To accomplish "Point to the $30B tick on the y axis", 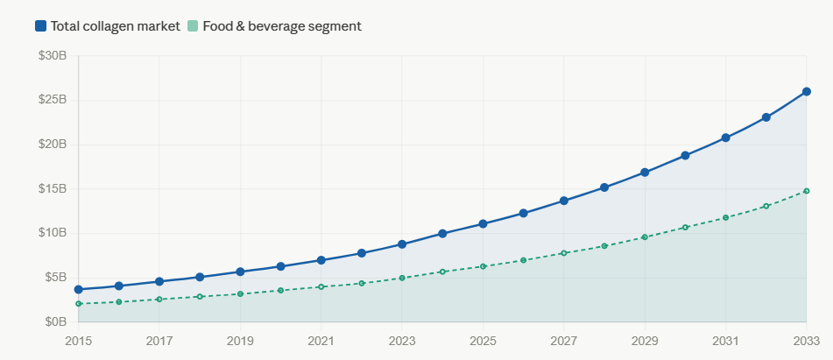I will pos(53,56).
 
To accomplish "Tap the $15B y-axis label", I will pos(53,189).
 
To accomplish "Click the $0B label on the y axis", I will pos(56,322).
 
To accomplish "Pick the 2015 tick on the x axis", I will pos(79,340).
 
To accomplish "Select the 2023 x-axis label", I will pos(402,340).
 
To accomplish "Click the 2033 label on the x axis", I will pos(806,340).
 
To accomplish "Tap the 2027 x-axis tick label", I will pos(563,340).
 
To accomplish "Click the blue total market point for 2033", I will pos(806,92).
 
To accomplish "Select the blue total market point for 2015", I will pos(79,289).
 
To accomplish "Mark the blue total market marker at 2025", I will pos(483,224).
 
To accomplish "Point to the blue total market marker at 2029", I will pos(645,173).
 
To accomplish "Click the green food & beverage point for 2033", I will pos(806,191).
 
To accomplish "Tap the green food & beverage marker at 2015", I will pos(79,304).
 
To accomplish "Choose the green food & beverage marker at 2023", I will pos(402,278).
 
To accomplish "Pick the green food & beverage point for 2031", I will pos(725,217).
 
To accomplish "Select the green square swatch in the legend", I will pos(193,26).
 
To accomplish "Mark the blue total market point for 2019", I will pos(240,272).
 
